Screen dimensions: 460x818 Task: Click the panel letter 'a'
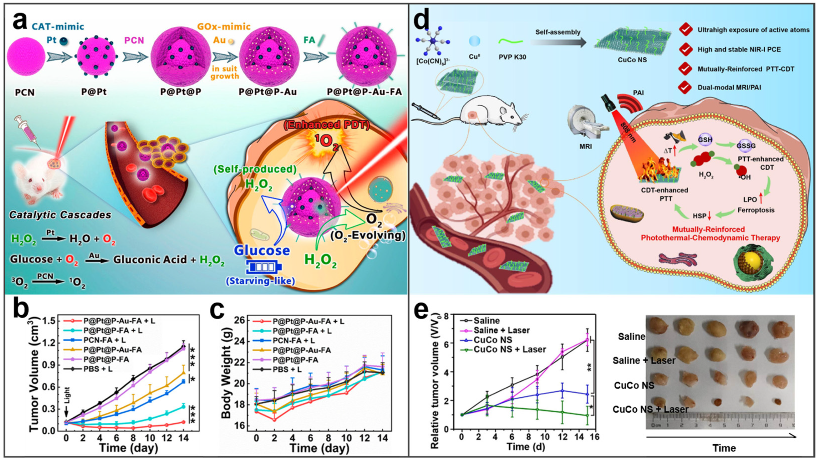[20, 21]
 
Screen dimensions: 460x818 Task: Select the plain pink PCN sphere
[26, 56]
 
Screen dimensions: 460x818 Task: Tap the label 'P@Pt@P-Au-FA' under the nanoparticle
[364, 92]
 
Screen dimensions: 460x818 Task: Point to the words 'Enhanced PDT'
[326, 125]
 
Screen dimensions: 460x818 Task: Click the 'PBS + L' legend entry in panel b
[98, 369]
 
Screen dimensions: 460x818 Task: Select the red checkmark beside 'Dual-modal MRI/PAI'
[686, 87]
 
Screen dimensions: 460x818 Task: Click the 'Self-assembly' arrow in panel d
[558, 42]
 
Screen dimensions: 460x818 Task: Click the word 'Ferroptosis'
[756, 210]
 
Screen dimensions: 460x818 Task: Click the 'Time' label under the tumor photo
[724, 448]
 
